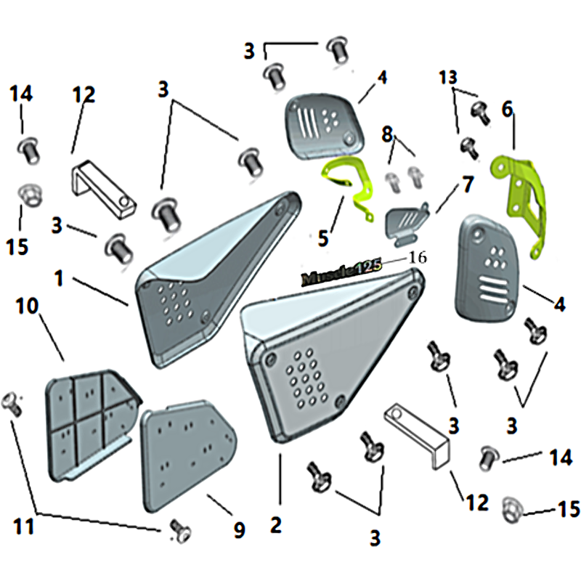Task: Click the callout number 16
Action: click(x=418, y=258)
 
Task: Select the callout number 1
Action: click(x=59, y=279)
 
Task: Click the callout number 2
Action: click(x=276, y=525)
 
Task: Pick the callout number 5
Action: click(x=323, y=238)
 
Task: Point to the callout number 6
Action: click(x=507, y=109)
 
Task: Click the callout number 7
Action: click(x=468, y=184)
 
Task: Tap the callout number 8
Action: click(x=387, y=135)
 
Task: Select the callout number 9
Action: click(x=240, y=530)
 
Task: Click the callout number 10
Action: click(x=27, y=306)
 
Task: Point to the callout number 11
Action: click(x=24, y=526)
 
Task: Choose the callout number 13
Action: click(x=448, y=78)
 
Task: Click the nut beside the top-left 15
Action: click(x=30, y=196)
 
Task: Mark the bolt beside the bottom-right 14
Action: click(x=489, y=458)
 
